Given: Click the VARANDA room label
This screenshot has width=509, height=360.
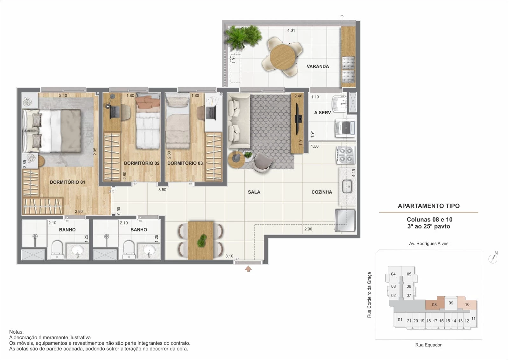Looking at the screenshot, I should coord(317,67).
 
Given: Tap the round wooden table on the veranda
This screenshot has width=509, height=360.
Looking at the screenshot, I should coord(282,57).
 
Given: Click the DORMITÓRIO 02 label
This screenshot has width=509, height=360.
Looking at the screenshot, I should coord(142,163).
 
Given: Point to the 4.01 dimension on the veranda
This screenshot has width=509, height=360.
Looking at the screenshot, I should coord(291,31).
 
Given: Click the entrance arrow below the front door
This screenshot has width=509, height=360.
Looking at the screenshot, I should coord(248,269).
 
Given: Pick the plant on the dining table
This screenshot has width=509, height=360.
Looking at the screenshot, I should coord(201,241).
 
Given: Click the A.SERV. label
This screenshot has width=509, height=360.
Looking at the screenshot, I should coord(323,113).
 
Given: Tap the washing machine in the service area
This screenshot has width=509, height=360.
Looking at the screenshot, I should coord(345,129).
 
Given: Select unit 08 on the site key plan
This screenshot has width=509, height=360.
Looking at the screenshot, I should coord(434,305).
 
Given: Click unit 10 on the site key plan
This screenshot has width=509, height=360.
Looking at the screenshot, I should coord(467,305).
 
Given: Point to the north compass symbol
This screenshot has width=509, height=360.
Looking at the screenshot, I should coord(493,258).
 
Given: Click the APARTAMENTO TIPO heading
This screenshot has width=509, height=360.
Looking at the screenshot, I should coord(429,206).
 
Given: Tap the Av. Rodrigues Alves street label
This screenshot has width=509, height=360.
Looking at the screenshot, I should coord(429,244).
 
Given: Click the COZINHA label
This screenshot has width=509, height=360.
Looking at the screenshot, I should coord(322,192).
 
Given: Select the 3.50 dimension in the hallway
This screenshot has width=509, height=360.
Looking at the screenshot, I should coord(162,190).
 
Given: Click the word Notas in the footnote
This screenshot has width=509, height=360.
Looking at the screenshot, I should coord(16,332).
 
